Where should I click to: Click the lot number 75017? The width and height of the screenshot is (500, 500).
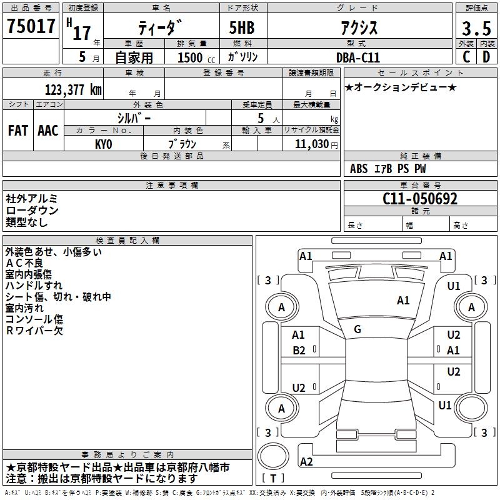[31, 26]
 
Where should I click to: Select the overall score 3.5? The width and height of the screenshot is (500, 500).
[476, 28]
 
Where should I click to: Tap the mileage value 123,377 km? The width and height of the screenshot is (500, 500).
[73, 90]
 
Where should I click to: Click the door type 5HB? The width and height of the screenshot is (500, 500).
[242, 27]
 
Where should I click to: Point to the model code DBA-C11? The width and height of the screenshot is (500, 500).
[358, 57]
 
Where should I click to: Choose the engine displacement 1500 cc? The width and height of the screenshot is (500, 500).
[196, 57]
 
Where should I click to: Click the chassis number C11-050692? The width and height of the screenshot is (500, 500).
[420, 199]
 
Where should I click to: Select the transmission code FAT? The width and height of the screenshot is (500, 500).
[18, 131]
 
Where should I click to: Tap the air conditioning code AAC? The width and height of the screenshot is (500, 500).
[48, 131]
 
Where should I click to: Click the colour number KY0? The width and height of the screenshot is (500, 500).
[104, 144]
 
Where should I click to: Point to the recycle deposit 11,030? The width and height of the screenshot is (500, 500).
[312, 144]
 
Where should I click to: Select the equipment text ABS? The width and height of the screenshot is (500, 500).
[359, 169]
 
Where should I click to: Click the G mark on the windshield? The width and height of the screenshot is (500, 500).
[357, 329]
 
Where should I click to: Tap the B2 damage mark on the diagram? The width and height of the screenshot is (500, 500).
[299, 351]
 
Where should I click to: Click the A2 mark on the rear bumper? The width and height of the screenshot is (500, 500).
[306, 461]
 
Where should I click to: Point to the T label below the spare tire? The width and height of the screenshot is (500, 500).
[273, 478]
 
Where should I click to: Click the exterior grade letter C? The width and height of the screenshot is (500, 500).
[466, 57]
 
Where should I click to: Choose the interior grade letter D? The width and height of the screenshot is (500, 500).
[486, 57]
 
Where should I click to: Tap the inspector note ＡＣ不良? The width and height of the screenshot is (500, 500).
[24, 263]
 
